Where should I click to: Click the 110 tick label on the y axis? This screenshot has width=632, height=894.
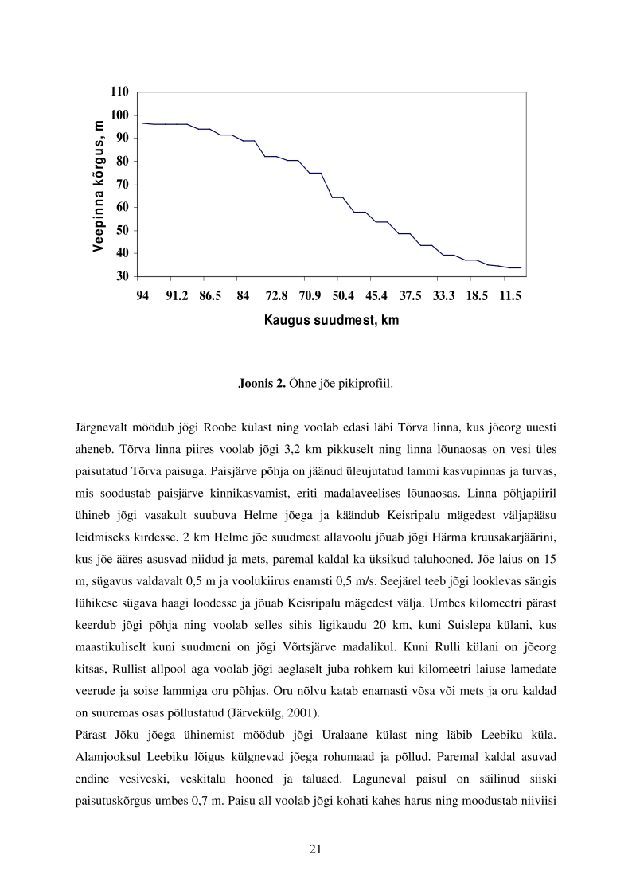point(119,92)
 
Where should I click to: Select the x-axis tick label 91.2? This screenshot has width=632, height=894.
point(177,296)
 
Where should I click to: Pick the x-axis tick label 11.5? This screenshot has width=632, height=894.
point(509,296)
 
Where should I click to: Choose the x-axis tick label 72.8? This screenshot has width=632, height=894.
point(276,296)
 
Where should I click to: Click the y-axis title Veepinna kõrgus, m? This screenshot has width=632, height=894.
point(98,185)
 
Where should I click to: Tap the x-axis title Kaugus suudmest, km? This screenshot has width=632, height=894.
point(331,322)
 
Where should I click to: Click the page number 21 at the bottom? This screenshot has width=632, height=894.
point(315,848)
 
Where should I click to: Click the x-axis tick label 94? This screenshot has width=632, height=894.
point(143,296)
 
